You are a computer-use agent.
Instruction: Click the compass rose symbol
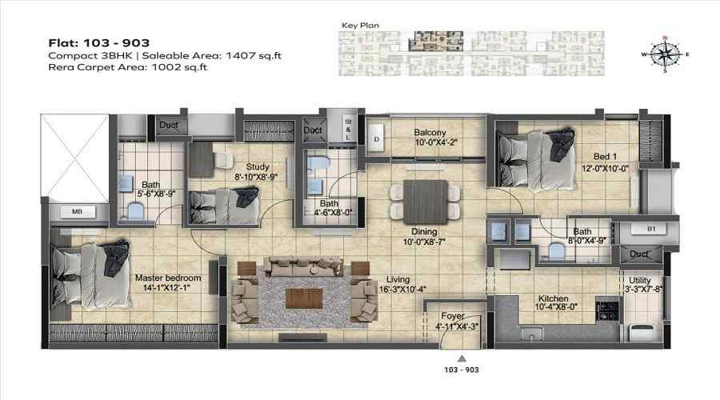coord(662,54)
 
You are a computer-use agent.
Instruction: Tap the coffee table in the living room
coord(306,298)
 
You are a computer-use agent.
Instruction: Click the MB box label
coord(78,214)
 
